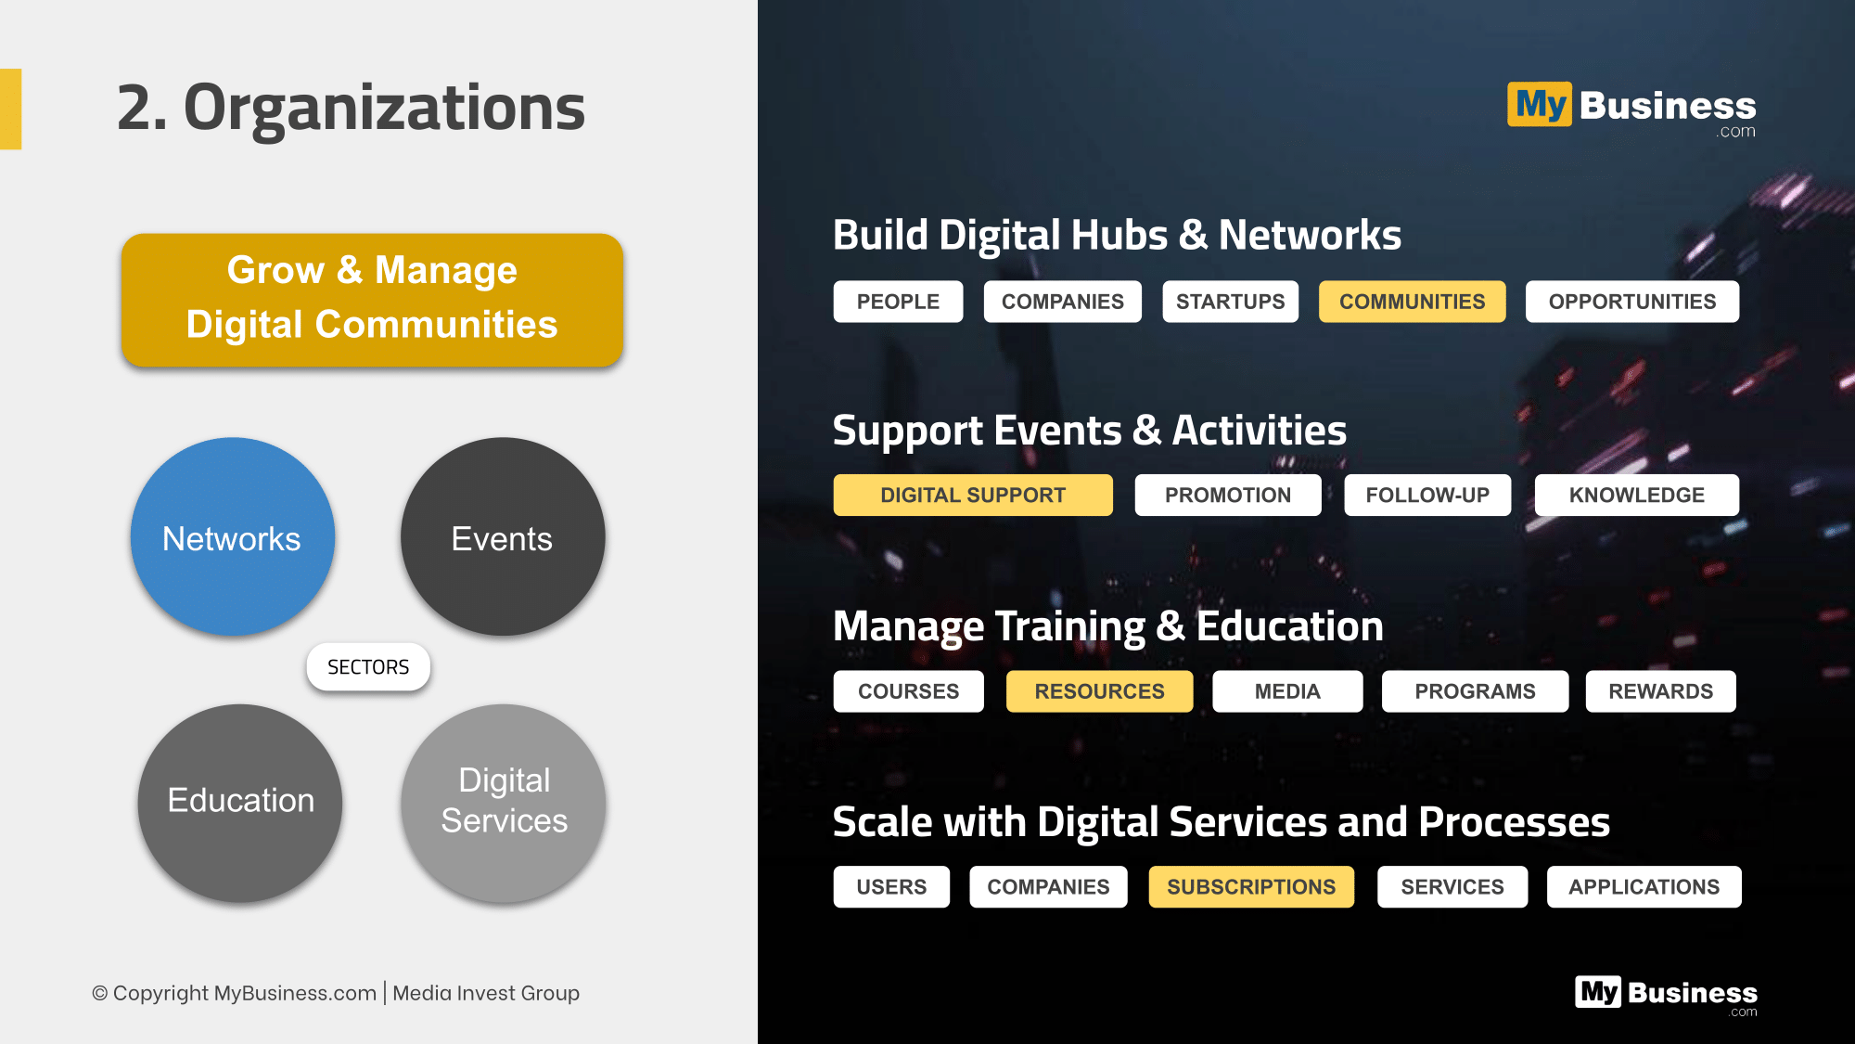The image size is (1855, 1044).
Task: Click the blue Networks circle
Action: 232,536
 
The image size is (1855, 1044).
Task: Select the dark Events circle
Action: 503,536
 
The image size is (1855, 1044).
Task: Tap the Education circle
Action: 240,803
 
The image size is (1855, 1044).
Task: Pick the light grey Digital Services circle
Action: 504,803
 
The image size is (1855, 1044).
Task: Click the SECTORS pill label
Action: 368,667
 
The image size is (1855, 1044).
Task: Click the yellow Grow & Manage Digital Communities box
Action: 372,300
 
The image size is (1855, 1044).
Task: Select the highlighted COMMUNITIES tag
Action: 1412,302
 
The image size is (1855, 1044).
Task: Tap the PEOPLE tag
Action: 898,302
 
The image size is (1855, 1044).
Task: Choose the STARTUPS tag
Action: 1230,302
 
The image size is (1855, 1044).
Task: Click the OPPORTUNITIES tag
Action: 1632,302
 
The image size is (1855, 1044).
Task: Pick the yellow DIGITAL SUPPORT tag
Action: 973,496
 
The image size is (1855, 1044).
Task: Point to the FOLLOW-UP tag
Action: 1427,496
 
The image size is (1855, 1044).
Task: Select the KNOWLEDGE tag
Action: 1637,496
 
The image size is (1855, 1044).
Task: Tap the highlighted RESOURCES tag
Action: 1099,691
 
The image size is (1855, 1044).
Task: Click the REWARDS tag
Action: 1660,691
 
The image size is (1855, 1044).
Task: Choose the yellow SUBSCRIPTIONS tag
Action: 1251,887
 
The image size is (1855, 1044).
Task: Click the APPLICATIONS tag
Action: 1644,887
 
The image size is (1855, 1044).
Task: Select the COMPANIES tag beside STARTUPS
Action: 1062,302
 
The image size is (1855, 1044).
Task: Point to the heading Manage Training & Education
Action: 1108,626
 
